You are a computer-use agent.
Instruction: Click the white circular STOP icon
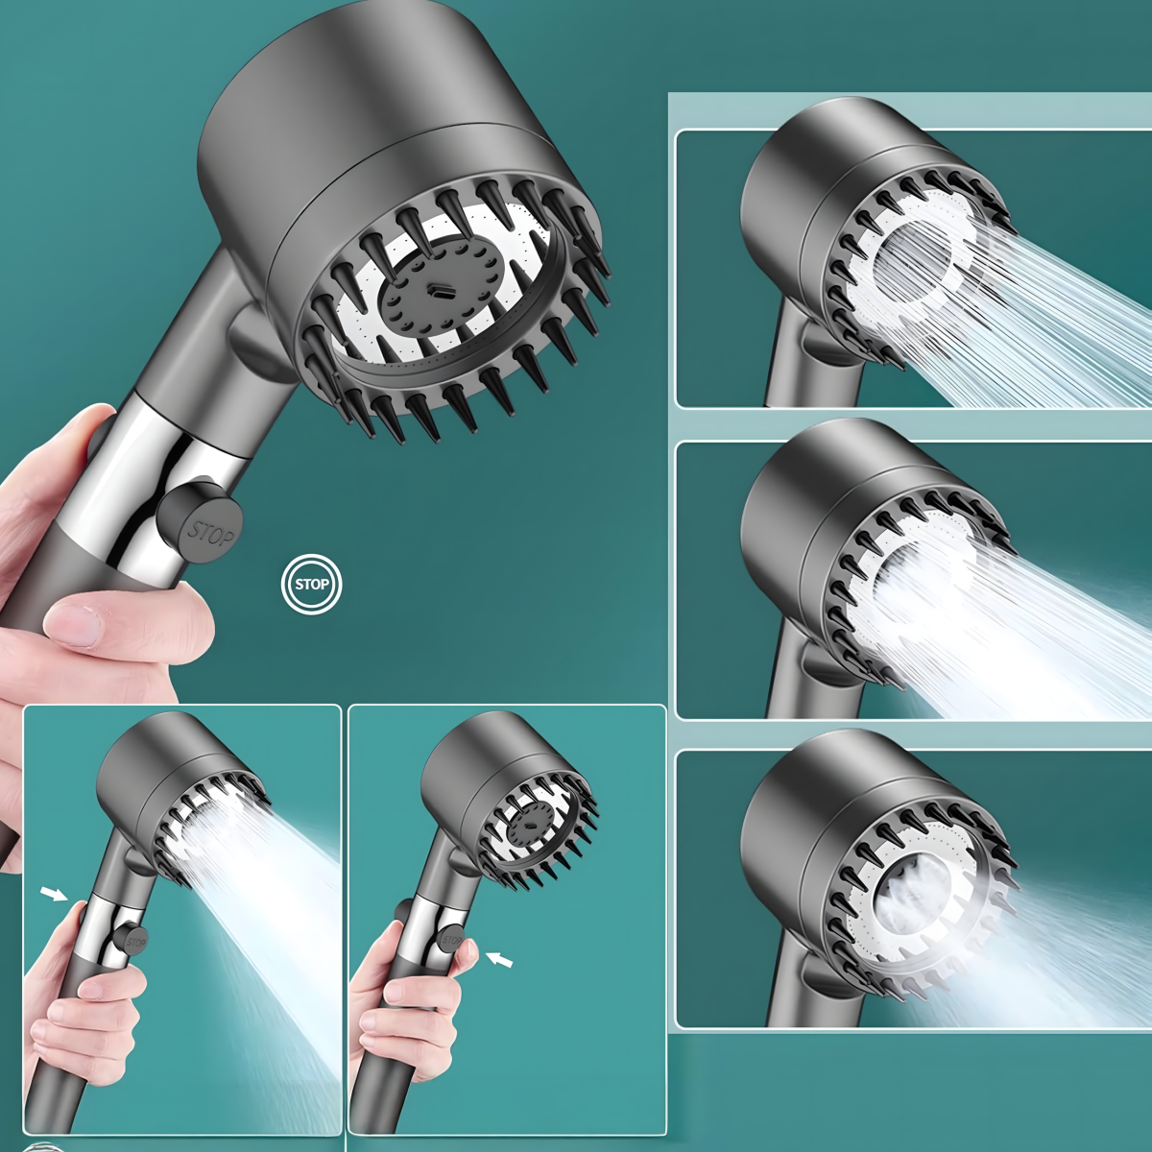[311, 584]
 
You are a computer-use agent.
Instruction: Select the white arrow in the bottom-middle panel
[499, 959]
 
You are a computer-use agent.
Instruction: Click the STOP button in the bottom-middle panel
[451, 939]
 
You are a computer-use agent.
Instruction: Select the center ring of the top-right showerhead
[913, 263]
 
